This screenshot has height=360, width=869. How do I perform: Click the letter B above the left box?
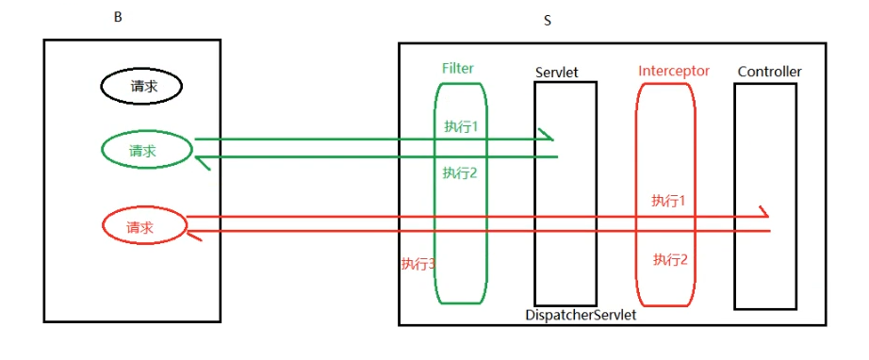click(x=118, y=18)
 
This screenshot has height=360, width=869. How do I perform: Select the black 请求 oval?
click(x=141, y=87)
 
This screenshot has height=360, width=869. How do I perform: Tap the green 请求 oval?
click(x=146, y=151)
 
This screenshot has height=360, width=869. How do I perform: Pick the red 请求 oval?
click(x=143, y=226)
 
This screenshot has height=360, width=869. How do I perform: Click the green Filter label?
click(x=457, y=69)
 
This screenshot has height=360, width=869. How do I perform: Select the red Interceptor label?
click(x=673, y=71)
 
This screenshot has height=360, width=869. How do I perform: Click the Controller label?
click(x=769, y=72)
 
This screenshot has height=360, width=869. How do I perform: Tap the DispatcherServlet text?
click(x=581, y=316)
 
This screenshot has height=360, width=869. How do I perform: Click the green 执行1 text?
click(x=461, y=126)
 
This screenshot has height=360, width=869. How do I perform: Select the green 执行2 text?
click(x=461, y=172)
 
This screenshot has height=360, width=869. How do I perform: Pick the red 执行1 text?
click(x=667, y=201)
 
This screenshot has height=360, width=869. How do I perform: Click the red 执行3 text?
click(x=418, y=264)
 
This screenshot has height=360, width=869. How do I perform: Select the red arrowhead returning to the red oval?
click(x=195, y=235)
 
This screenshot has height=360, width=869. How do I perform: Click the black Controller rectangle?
click(x=764, y=283)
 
